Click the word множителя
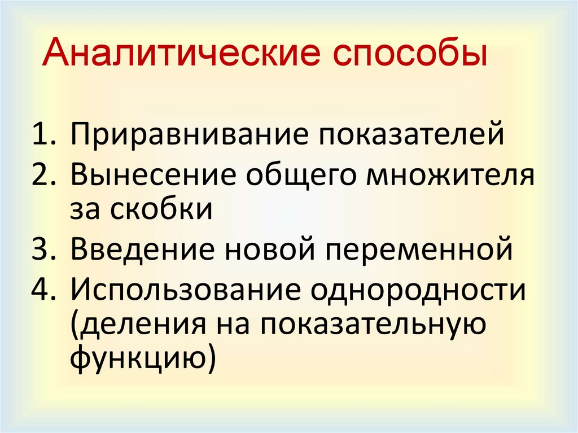(x=449, y=176)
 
